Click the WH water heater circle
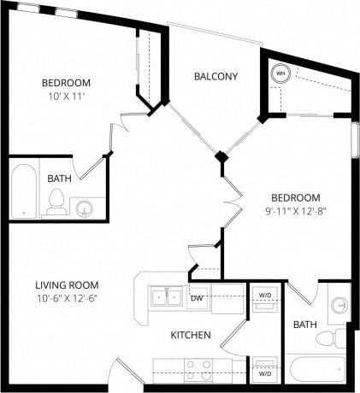click(x=280, y=74)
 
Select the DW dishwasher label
click(x=197, y=298)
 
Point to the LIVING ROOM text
click(x=67, y=284)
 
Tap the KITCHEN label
click(x=191, y=335)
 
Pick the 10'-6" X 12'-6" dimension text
click(x=67, y=297)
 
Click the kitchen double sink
click(x=166, y=297)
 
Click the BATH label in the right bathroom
click(x=305, y=325)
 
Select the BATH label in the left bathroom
click(x=59, y=179)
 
